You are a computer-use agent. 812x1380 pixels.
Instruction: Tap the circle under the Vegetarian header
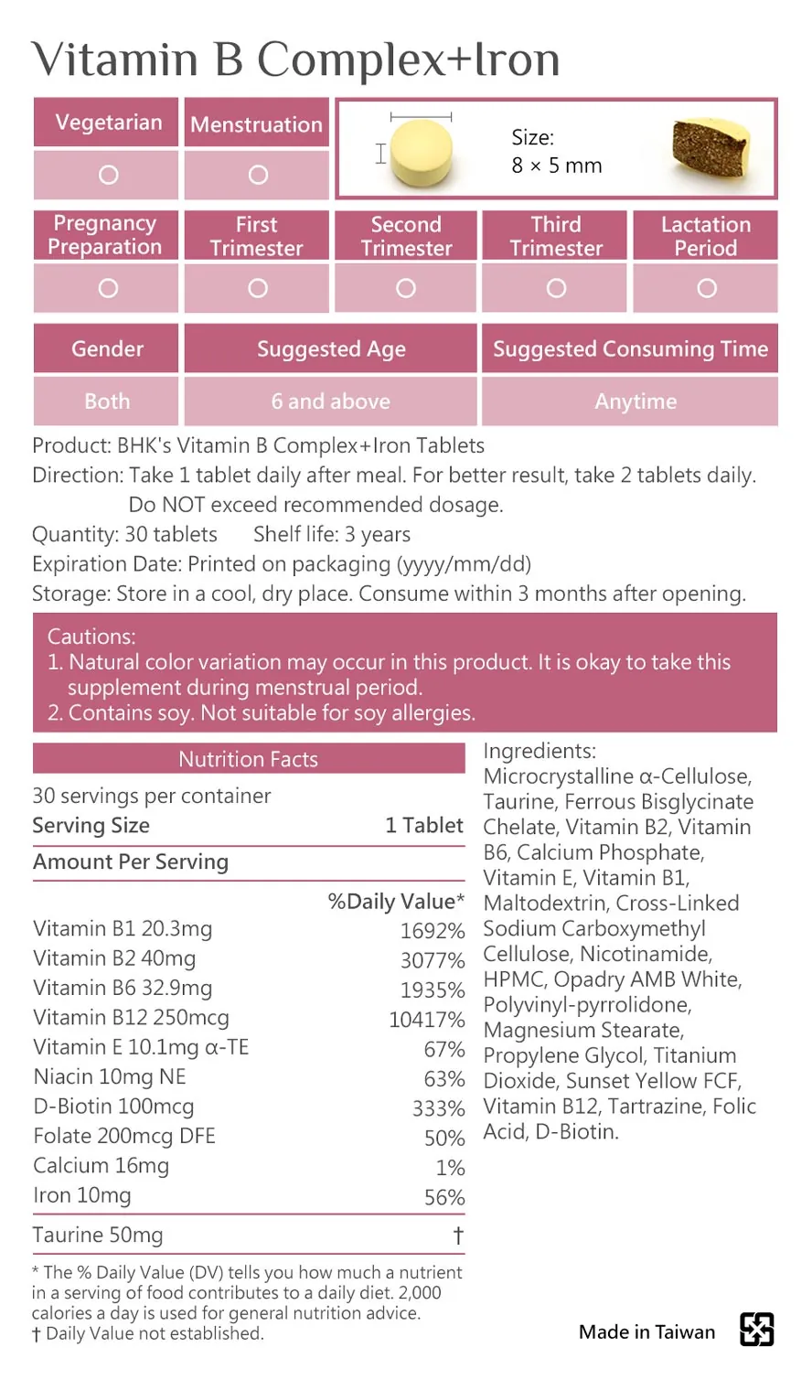click(108, 175)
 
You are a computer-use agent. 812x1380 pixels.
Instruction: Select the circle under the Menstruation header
click(258, 175)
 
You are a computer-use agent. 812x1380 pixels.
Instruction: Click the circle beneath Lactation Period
click(706, 288)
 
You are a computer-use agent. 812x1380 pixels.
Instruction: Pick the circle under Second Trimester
click(406, 288)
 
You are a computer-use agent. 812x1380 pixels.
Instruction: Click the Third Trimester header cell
click(555, 236)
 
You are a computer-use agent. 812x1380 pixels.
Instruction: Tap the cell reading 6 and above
click(330, 401)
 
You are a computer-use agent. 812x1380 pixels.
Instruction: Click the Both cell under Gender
click(107, 401)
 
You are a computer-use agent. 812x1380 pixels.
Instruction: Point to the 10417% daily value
click(426, 1020)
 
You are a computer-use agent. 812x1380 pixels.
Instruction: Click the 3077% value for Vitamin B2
click(432, 960)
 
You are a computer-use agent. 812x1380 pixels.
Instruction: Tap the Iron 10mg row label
click(82, 1195)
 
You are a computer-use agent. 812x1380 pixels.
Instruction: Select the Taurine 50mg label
click(98, 1236)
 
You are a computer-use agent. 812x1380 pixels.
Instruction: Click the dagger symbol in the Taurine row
click(458, 1236)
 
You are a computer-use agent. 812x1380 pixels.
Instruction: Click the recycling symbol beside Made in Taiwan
click(756, 1330)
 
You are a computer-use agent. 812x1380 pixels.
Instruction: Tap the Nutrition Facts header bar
click(249, 759)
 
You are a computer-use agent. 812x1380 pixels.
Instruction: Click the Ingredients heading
click(539, 751)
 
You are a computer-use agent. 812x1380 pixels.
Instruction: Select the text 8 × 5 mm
click(556, 166)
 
